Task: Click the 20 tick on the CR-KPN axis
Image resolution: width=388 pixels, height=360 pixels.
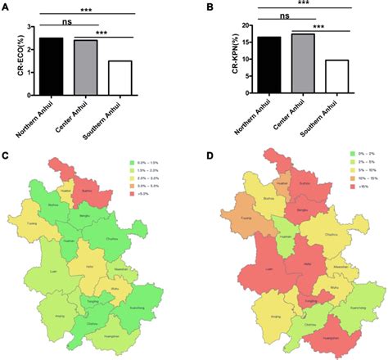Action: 224,25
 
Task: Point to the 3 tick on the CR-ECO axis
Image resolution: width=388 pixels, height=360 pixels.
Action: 29,26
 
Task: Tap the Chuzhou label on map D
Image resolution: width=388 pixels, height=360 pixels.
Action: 332,236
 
